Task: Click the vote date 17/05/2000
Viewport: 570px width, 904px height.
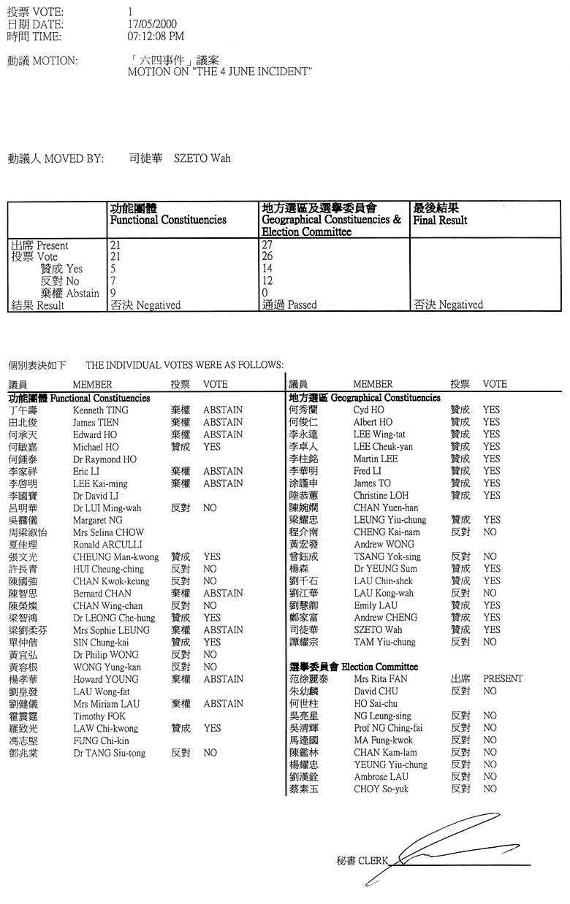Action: point(152,24)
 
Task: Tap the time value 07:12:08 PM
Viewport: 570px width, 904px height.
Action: point(156,36)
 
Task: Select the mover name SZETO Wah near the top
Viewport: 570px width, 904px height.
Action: point(202,158)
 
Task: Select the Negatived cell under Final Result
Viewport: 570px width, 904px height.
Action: point(448,305)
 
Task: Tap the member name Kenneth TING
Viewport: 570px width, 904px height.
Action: point(100,410)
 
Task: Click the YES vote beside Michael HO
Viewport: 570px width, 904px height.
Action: point(212,447)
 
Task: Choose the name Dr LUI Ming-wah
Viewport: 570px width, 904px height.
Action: point(107,508)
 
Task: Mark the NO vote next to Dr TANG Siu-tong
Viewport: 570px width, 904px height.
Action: point(210,753)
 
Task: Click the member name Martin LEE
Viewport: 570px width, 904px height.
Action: point(376,459)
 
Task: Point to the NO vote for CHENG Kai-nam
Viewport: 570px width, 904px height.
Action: point(490,532)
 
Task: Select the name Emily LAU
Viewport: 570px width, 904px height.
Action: point(376,605)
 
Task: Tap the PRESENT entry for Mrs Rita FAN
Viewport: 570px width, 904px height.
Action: point(503,678)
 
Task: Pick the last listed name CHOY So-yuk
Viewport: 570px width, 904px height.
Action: point(381,789)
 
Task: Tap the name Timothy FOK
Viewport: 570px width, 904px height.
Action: point(99,716)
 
